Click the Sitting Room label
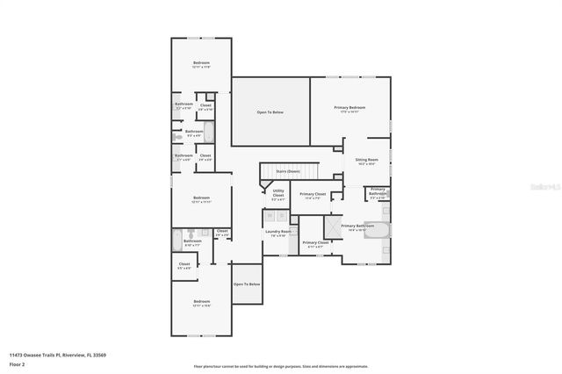click(365, 162)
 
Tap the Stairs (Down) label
click(287, 170)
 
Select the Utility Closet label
click(278, 196)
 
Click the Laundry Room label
click(280, 233)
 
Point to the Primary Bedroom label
click(349, 109)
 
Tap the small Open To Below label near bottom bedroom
click(247, 284)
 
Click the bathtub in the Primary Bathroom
click(378, 229)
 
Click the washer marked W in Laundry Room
click(270, 213)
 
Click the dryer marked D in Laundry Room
click(283, 213)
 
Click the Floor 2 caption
click(17, 363)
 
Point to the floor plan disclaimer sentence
click(281, 366)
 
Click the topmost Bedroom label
click(201, 64)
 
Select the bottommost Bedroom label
click(201, 303)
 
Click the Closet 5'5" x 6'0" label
click(184, 265)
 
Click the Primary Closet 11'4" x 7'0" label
click(313, 195)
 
